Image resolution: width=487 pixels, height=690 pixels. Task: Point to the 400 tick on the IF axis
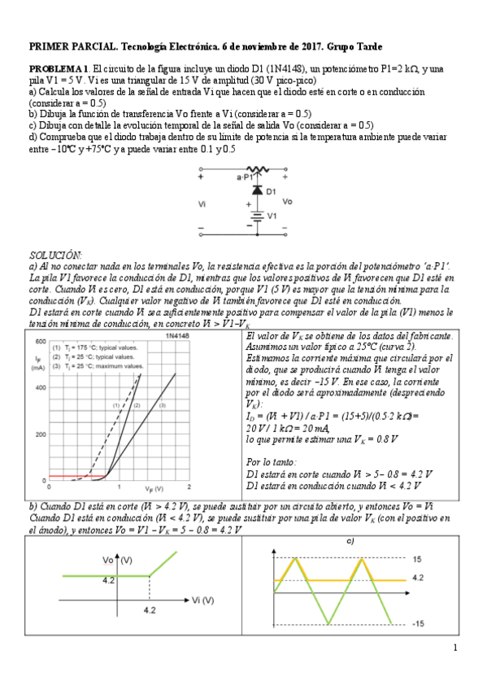tap(39, 387)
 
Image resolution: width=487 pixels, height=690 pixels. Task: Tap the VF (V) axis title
tap(154, 488)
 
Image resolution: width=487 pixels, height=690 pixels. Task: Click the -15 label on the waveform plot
tap(419, 623)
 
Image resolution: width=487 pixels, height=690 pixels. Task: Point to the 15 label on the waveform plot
tap(417, 560)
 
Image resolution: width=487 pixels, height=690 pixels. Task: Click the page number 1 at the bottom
tap(455, 649)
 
